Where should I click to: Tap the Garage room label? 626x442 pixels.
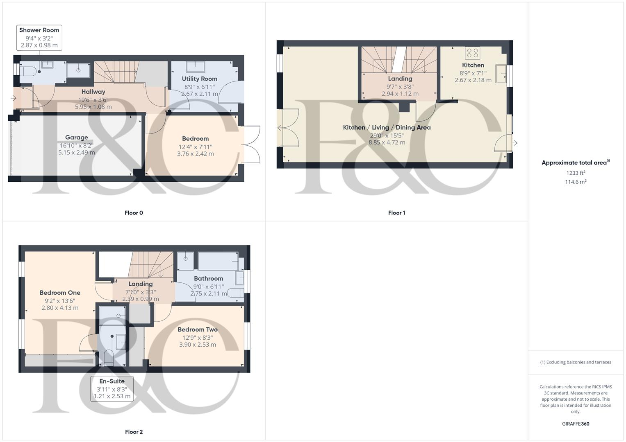tap(77, 138)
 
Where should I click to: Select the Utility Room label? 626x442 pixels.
tap(199, 79)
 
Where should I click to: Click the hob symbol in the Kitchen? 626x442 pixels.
tap(473, 53)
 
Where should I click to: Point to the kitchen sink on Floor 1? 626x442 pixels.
tap(501, 74)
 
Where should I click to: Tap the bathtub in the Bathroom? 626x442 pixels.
tap(218, 261)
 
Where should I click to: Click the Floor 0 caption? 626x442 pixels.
tap(134, 213)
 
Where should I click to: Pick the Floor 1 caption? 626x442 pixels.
tap(396, 213)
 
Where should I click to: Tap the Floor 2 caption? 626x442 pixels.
tap(134, 432)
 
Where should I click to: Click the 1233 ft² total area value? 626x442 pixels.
tap(576, 173)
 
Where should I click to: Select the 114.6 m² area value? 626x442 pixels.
tap(576, 182)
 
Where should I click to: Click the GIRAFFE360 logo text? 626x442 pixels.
tap(576, 424)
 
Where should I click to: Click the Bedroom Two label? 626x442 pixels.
tap(197, 329)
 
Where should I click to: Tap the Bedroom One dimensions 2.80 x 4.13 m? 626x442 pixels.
tap(60, 308)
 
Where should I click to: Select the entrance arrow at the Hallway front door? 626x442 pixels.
tap(14, 98)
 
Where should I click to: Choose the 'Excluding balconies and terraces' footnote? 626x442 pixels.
tap(576, 362)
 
